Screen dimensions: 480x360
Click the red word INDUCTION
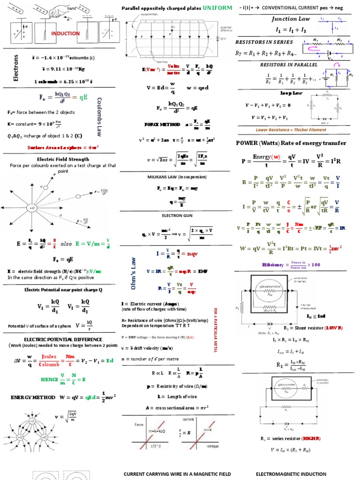click(x=66, y=34)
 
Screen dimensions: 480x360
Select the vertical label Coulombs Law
click(x=99, y=117)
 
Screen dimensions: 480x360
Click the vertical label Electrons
click(x=15, y=67)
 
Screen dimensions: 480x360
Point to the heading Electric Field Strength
click(x=59, y=159)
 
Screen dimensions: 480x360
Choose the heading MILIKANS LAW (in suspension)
click(x=177, y=177)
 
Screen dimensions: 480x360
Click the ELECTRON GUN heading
click(x=177, y=215)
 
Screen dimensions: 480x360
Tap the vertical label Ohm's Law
click(x=133, y=272)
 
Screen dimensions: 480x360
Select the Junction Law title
click(x=291, y=19)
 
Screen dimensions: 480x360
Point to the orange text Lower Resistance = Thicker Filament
click(x=291, y=130)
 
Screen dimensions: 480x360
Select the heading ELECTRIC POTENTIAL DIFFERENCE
click(x=59, y=339)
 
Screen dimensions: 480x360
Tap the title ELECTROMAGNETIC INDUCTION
click(x=291, y=474)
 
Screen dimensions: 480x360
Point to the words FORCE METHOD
click(x=162, y=125)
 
